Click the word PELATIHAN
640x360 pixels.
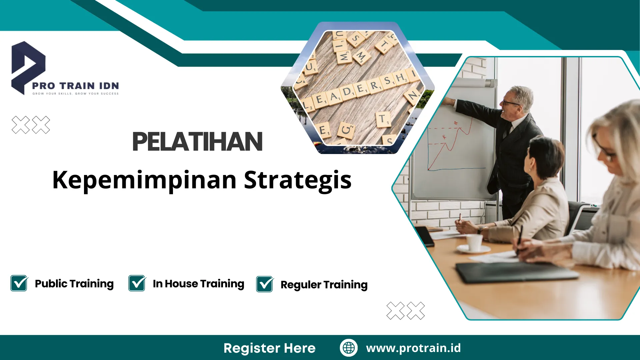click(197, 142)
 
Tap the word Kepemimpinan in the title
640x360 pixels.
click(144, 180)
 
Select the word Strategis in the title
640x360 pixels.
click(298, 180)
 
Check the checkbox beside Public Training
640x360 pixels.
click(19, 283)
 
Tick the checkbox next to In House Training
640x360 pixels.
click(137, 283)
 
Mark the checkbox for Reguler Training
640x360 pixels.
click(265, 284)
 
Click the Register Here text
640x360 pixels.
click(269, 348)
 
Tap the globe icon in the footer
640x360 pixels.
click(349, 348)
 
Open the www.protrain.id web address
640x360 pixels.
click(413, 348)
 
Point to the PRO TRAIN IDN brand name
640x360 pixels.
click(75, 86)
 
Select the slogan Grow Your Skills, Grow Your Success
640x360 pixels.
click(75, 94)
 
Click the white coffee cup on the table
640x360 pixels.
click(474, 242)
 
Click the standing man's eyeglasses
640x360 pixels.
click(510, 103)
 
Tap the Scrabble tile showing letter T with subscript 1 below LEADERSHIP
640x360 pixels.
click(383, 119)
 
